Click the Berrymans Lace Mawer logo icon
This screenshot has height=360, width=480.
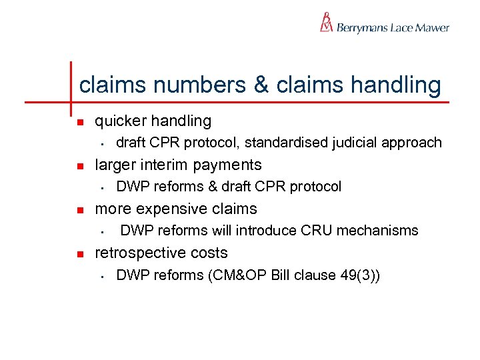click(x=326, y=23)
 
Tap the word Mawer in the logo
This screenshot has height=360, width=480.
click(x=433, y=28)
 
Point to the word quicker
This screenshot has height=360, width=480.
click(x=121, y=121)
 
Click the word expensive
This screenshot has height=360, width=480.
click(x=169, y=209)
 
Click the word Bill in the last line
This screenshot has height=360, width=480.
click(x=282, y=275)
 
